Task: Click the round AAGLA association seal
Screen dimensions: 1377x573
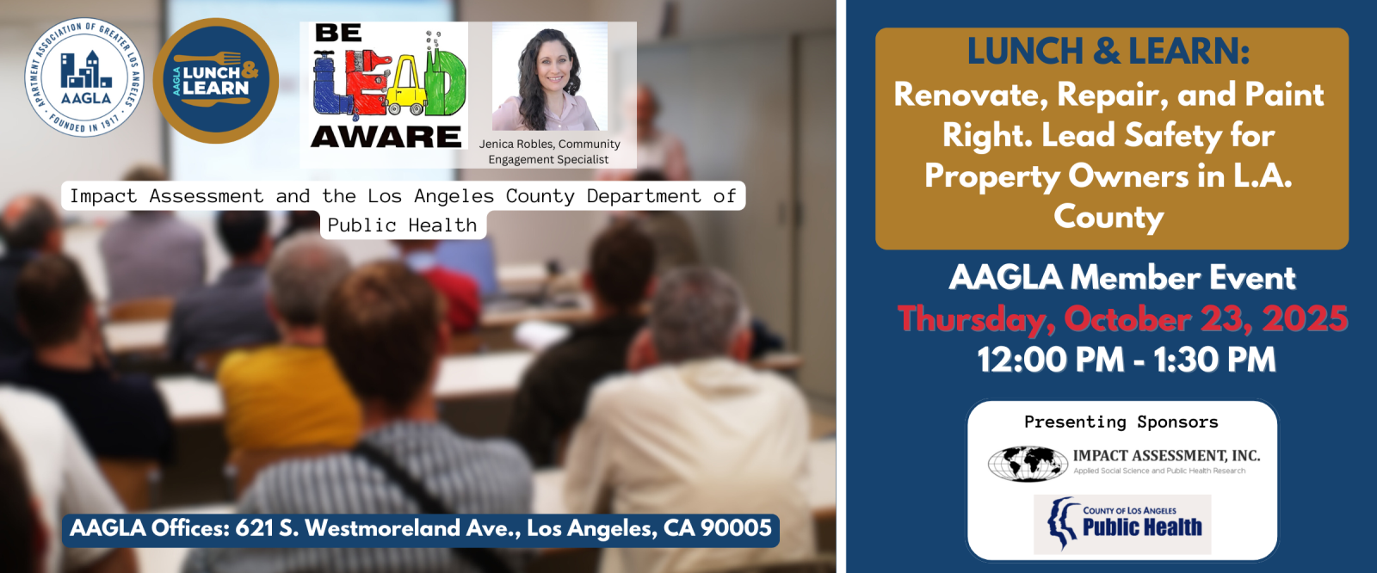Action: tap(84, 77)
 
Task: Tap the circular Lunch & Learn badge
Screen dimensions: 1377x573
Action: tap(216, 81)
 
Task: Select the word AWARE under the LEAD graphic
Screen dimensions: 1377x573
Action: tap(386, 137)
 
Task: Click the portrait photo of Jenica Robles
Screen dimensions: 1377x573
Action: tap(550, 77)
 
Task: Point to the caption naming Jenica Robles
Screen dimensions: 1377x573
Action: tap(549, 151)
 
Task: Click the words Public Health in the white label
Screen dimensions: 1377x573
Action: tap(402, 225)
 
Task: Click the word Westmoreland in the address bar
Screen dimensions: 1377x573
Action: tap(391, 528)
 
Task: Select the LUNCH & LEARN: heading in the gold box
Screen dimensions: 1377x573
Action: tap(1108, 51)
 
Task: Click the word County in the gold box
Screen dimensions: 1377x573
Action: tap(1109, 217)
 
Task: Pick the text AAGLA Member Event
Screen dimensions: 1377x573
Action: tap(1122, 277)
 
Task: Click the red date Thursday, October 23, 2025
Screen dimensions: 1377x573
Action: tap(1122, 319)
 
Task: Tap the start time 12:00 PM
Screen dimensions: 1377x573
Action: tap(1051, 360)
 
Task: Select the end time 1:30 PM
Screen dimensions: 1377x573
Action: tap(1214, 360)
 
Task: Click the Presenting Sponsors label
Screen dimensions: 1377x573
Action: tap(1121, 422)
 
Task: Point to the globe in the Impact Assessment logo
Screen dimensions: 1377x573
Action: tap(1028, 464)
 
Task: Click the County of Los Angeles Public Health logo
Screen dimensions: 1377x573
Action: tap(1122, 525)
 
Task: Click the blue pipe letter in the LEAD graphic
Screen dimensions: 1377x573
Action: tap(332, 85)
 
